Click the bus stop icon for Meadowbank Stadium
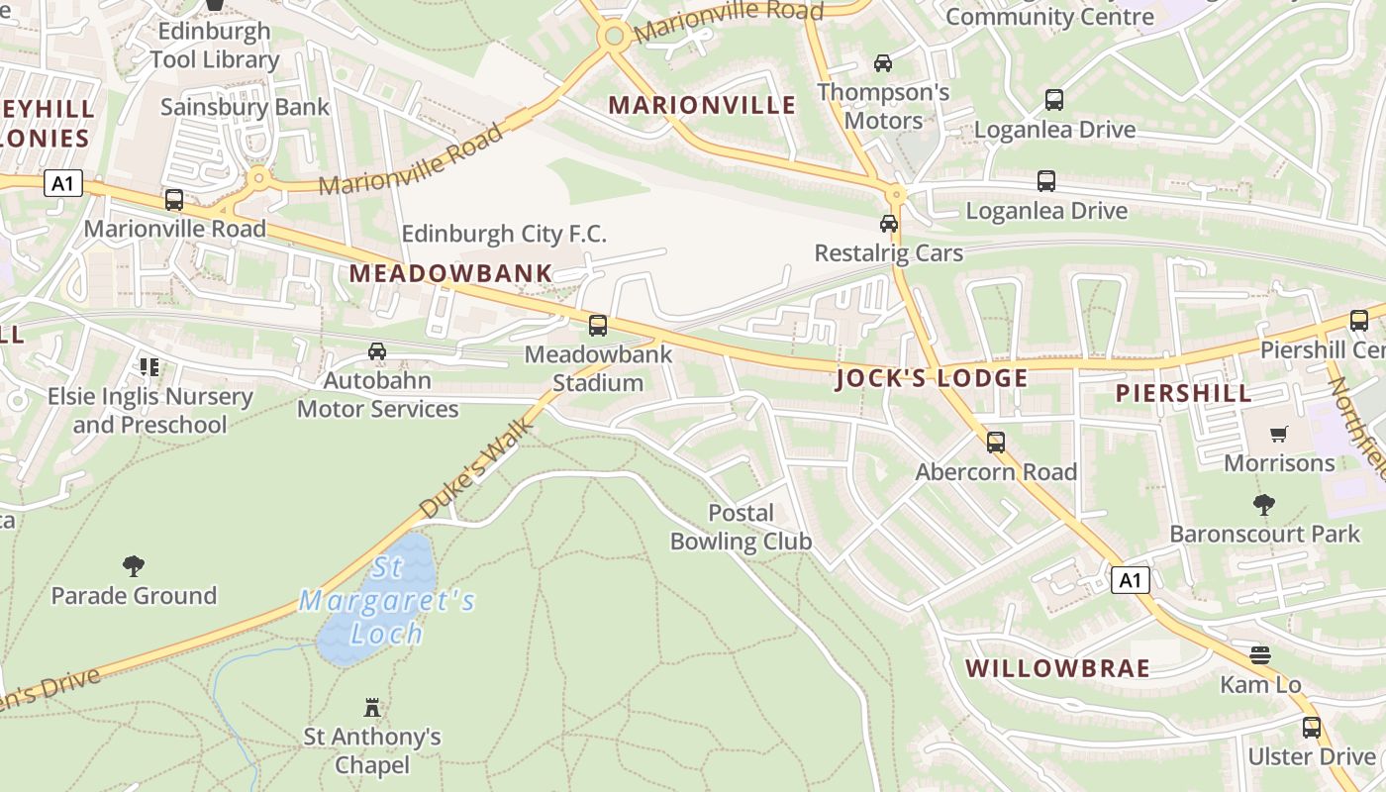click(x=597, y=325)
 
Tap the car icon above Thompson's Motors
click(x=882, y=63)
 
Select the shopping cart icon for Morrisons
click(x=1278, y=434)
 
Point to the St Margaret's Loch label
click(x=387, y=601)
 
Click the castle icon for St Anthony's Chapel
click(x=372, y=707)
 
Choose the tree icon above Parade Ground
click(x=134, y=566)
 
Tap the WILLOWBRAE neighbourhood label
click(x=1057, y=668)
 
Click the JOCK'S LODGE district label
click(x=932, y=378)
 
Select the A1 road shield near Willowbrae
click(x=1131, y=580)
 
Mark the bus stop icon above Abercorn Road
click(x=996, y=443)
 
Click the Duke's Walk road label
click(x=476, y=466)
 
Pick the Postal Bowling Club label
click(x=741, y=527)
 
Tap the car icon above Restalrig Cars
click(x=889, y=224)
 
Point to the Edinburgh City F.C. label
click(x=503, y=234)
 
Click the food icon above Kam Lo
click(x=1259, y=654)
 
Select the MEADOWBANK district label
click(x=450, y=273)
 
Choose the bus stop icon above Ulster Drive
click(x=1312, y=728)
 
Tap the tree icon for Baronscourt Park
click(x=1264, y=505)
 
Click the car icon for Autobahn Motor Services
click(x=377, y=350)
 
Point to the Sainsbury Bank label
click(x=245, y=107)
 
